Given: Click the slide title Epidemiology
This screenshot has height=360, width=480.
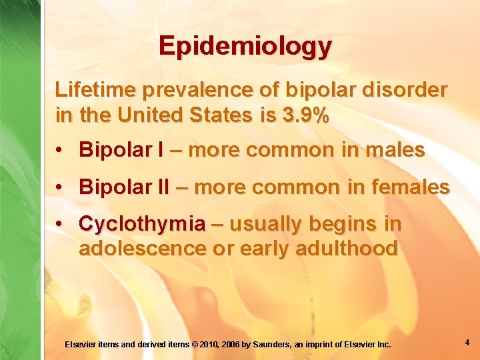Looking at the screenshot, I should coord(245,46).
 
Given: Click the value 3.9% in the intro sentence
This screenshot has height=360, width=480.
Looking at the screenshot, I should coord(306,115).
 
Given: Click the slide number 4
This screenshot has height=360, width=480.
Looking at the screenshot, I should coord(467,343).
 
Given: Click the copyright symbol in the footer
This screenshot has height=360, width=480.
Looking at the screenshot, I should coord(195,345).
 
